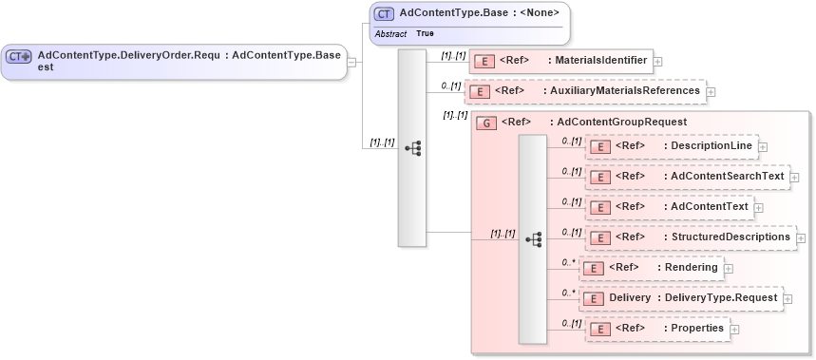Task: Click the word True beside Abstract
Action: pos(425,33)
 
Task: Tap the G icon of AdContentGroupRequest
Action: pos(486,123)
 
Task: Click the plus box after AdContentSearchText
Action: pos(794,178)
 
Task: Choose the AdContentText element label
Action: pos(710,206)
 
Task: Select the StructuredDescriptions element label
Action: pos(731,237)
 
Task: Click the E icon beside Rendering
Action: pos(593,268)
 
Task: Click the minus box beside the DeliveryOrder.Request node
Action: pos(352,63)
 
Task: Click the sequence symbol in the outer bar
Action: pos(412,148)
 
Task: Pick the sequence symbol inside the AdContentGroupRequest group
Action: pos(533,239)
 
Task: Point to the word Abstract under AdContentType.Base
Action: pos(391,33)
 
